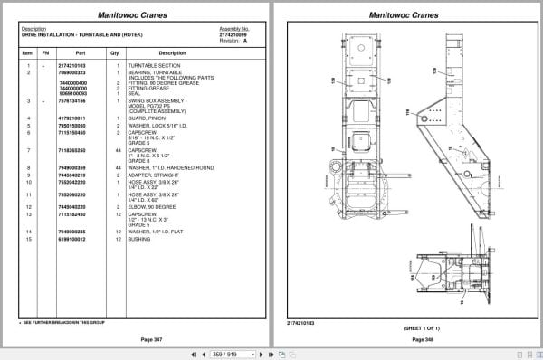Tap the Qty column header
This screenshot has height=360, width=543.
114,52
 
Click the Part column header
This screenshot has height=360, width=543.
72,52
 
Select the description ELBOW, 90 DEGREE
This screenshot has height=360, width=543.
151,207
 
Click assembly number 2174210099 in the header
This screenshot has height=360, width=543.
233,33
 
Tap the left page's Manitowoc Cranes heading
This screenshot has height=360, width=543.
132,15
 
